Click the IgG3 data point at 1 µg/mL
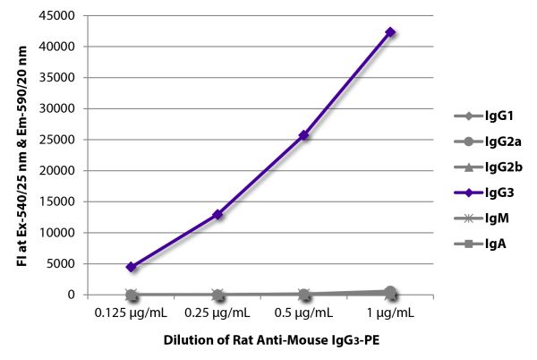coord(390,32)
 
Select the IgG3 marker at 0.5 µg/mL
coord(304,135)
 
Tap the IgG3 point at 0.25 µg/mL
coord(217,215)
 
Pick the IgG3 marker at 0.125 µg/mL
coord(132,267)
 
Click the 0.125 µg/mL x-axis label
coord(132,313)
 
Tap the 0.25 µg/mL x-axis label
coord(217,313)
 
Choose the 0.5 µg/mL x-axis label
coord(304,313)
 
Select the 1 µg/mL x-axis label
coord(390,313)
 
